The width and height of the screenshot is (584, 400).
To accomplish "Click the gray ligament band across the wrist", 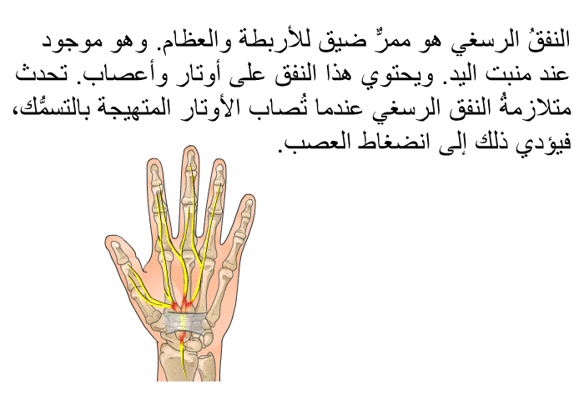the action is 185,322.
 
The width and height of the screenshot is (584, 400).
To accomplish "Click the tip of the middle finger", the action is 190,147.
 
